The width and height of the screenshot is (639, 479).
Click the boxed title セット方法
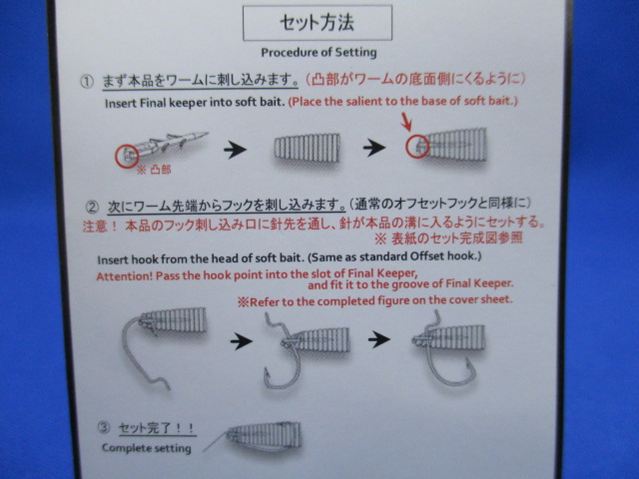click(318, 23)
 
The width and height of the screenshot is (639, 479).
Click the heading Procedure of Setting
click(319, 53)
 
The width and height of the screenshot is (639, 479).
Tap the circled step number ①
click(87, 82)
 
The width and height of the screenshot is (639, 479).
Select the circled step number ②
click(92, 208)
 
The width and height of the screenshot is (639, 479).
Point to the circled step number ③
click(104, 427)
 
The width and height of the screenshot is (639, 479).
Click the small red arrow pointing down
click(406, 122)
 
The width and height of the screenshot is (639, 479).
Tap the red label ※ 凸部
click(154, 170)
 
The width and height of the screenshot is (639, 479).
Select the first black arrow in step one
click(236, 150)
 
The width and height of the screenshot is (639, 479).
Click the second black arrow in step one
click(374, 148)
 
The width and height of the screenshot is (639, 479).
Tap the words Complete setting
click(147, 448)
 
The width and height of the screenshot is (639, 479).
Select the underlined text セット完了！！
click(157, 428)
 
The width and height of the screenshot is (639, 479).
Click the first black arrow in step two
click(242, 341)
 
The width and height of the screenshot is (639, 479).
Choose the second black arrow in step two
click(379, 339)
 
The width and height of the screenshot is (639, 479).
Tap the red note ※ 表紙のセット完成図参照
click(448, 239)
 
